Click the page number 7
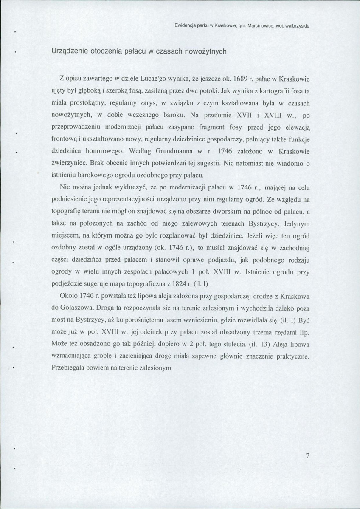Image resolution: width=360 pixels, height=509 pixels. [307, 457]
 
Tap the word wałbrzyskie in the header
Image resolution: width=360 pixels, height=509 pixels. [296, 25]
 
